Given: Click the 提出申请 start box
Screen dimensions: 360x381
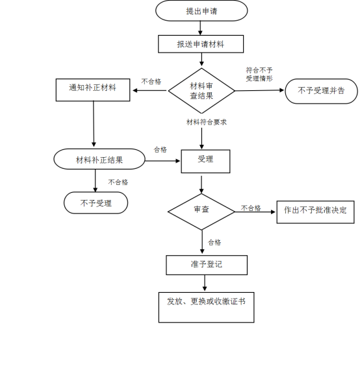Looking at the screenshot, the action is coord(201,10).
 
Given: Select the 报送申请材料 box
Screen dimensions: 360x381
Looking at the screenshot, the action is coord(201,44).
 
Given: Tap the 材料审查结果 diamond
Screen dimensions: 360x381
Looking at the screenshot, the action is coord(201,91).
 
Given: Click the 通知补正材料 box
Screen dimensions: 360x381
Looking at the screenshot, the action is coord(93,90).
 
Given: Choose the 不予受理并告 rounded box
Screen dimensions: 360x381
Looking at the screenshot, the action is coord(321,91).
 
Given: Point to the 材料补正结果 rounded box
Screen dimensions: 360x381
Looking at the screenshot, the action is coord(99,159).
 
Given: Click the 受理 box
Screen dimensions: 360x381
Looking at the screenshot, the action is coord(205,162).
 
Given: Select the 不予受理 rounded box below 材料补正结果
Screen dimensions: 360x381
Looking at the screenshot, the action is coord(96,203).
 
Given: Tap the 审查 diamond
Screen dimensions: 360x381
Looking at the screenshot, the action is coord(201,212).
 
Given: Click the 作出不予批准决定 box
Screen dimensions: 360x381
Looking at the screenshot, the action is coord(315,212).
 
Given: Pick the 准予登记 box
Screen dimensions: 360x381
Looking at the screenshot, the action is coord(207,265).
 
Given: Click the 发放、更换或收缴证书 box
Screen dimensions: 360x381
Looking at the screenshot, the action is coord(206,308).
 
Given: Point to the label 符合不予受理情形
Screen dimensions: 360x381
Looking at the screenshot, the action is coord(259,75).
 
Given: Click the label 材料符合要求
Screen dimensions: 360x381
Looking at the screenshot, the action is coord(207,122).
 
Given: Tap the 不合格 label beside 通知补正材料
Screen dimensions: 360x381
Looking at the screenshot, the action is coord(151,81).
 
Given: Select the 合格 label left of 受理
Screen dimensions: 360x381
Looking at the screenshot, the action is coord(161,150).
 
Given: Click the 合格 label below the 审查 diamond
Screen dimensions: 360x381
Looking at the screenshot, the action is coord(214,242).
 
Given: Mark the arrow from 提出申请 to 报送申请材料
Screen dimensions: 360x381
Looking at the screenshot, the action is coord(200,28).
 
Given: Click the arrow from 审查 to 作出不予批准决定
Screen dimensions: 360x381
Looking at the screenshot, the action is coord(255,212).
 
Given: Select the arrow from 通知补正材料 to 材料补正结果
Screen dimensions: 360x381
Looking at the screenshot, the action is coord(94,124).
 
